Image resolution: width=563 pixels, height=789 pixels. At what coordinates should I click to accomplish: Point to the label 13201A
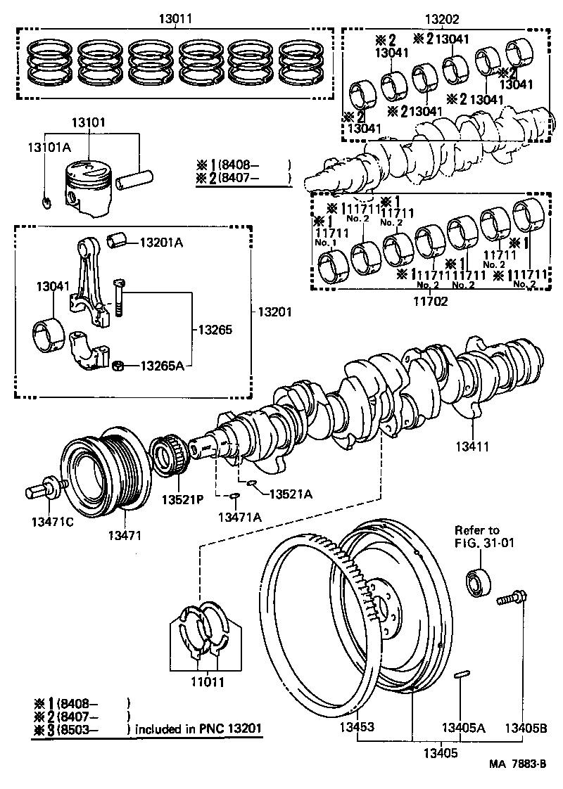161,243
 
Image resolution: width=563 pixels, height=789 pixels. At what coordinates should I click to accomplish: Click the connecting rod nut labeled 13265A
119,366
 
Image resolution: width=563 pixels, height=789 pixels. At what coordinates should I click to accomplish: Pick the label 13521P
182,500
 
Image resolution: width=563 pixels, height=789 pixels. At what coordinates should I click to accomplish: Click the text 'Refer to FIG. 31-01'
477,536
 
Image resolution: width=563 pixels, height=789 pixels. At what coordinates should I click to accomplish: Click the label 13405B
524,728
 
